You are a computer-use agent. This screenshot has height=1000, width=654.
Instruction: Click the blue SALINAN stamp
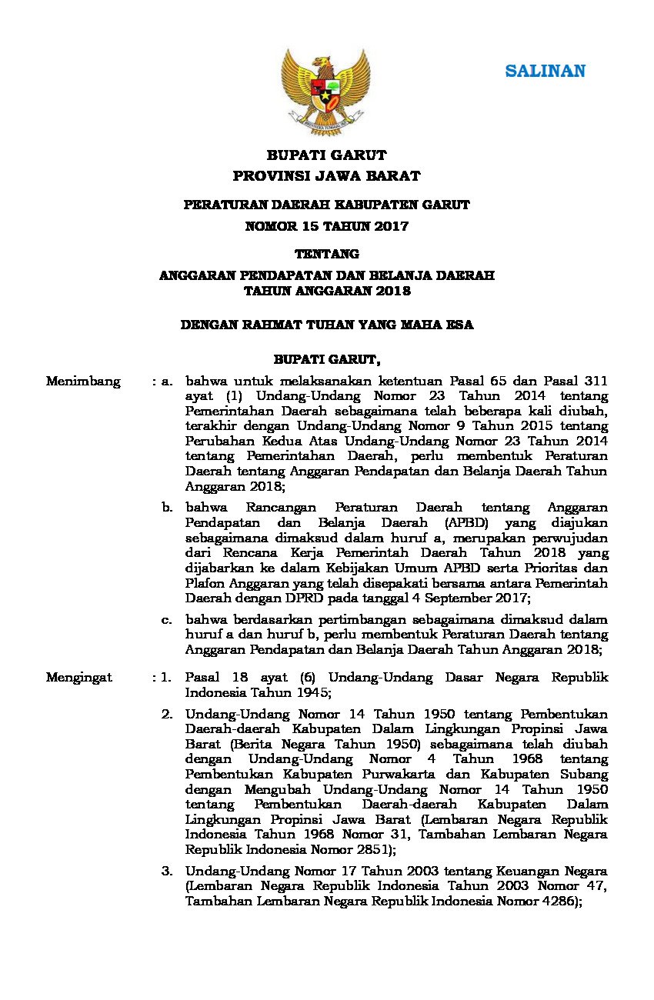coord(545,71)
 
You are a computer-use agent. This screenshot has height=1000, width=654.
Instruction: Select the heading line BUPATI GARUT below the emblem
coord(326,155)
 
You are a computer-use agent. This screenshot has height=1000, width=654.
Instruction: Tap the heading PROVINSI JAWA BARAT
coord(326,176)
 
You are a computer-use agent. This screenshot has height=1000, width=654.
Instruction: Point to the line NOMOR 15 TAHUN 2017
coord(326,226)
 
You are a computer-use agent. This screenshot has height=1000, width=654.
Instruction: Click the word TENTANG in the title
coord(327,253)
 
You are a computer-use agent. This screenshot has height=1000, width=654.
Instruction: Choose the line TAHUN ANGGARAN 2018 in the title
coord(326,292)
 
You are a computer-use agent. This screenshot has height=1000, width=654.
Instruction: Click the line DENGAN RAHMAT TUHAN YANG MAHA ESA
coord(326,325)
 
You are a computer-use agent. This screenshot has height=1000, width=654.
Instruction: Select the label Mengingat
coord(79,678)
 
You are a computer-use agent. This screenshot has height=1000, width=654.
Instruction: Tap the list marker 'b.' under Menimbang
coord(166,508)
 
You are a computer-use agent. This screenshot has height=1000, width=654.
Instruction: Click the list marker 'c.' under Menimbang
coord(166,619)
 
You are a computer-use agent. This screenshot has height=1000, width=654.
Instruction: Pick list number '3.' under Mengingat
coord(166,872)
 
